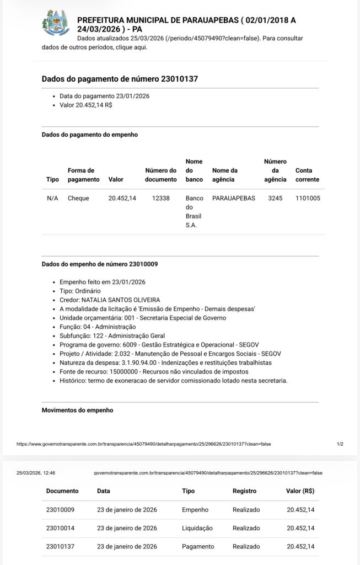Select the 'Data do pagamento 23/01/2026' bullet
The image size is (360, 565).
[x=104, y=96]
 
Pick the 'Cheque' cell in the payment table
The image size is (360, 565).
[x=78, y=198]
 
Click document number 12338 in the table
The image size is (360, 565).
[x=160, y=198]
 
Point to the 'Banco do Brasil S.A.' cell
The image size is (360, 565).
[x=195, y=211]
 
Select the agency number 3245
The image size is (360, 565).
[x=275, y=198]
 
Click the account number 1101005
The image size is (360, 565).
[x=308, y=198]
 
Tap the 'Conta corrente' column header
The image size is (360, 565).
[x=307, y=175]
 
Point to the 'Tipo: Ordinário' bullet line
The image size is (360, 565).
[x=80, y=291]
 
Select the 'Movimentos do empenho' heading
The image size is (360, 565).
[x=77, y=411]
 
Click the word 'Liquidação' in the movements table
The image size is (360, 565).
[x=197, y=528]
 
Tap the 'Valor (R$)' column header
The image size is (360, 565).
[x=300, y=491]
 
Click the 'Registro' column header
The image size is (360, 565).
[x=245, y=491]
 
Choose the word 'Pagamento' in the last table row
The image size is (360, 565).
[x=198, y=546]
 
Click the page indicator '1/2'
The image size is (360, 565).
[x=340, y=444]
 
